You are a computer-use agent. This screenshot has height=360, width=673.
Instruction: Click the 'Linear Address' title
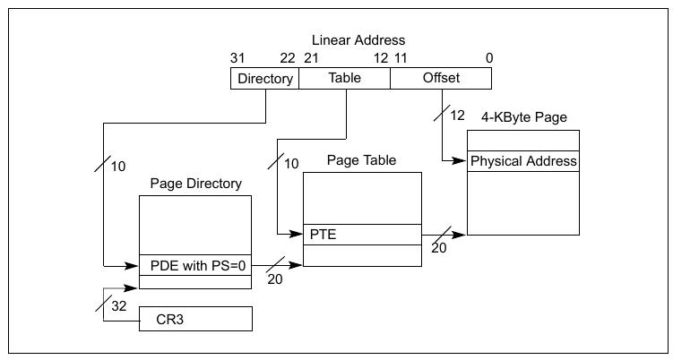(x=358, y=40)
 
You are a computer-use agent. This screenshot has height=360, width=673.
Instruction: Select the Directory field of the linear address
(x=264, y=79)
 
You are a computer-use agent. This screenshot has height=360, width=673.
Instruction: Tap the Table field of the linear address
(x=344, y=79)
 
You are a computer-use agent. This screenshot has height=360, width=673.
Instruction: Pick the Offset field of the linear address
(x=440, y=79)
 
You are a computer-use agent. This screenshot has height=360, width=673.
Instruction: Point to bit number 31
(x=237, y=58)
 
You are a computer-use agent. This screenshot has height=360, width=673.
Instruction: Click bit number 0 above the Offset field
(x=488, y=58)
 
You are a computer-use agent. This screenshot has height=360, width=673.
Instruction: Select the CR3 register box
(x=195, y=319)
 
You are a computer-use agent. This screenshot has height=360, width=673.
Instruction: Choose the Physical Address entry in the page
(x=523, y=162)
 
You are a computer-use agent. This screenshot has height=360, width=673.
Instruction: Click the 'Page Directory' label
(x=195, y=184)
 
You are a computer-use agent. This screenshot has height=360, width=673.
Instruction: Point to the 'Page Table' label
(x=362, y=160)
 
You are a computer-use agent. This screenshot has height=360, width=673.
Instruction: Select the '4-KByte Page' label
(x=523, y=117)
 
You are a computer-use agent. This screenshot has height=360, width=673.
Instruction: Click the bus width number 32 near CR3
(x=119, y=307)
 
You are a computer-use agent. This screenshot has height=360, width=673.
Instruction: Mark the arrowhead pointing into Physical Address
(x=462, y=161)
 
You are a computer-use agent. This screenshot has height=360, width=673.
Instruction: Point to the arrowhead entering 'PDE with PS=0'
(x=134, y=266)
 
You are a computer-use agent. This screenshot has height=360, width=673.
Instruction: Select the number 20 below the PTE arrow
(x=438, y=248)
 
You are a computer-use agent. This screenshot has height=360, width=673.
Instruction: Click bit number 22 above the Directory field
(x=287, y=58)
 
